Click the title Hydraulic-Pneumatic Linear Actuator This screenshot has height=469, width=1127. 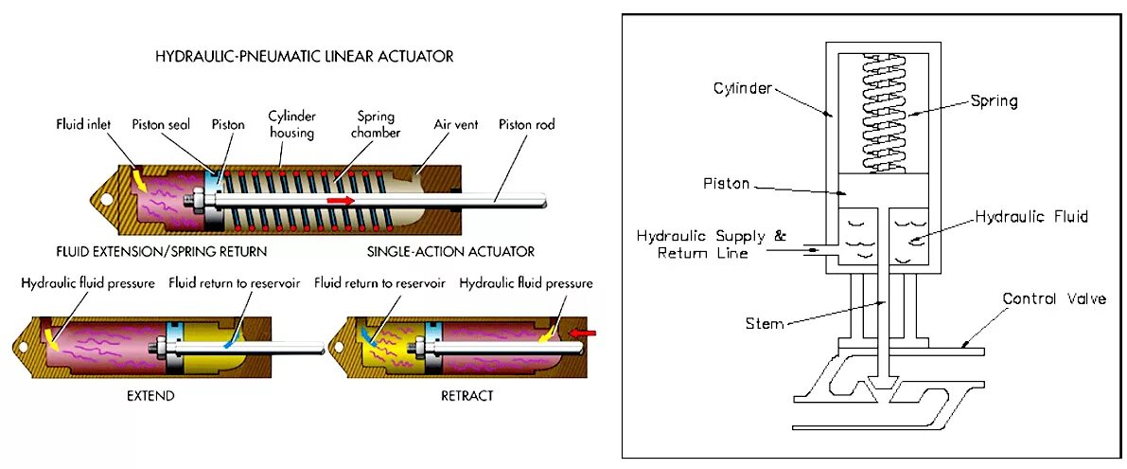point(304,57)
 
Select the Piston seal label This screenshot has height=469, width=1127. point(170,124)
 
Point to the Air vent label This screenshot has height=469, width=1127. point(430,124)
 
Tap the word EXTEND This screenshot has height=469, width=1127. point(151,395)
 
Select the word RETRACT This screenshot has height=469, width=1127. point(467,395)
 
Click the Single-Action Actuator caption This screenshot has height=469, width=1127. point(450,252)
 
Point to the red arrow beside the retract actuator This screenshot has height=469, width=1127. point(585,333)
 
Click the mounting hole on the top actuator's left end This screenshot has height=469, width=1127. point(105,200)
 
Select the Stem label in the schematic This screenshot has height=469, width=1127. point(765,324)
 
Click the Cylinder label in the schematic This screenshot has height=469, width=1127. point(743,88)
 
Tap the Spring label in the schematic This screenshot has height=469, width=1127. point(994,100)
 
